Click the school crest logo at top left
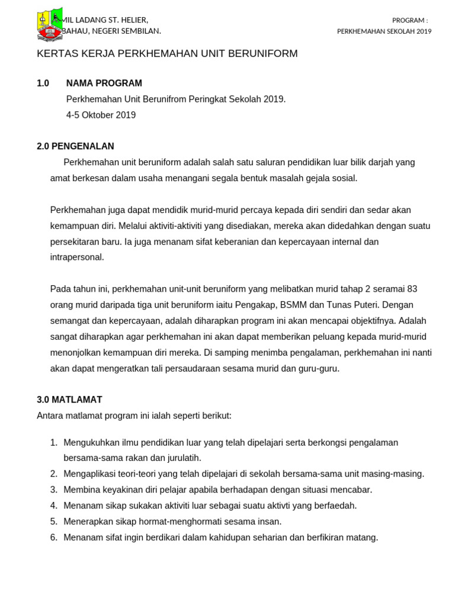(50, 25)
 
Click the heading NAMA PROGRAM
(104, 83)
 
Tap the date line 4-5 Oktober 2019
(101, 115)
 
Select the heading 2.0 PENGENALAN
(75, 146)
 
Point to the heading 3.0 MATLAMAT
(69, 400)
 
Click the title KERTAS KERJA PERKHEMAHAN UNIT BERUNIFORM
(167, 54)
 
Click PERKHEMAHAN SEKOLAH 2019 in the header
(384, 31)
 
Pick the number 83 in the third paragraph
(412, 289)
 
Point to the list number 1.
(53, 443)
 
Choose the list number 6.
(53, 537)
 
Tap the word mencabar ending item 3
(353, 490)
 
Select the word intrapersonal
(77, 257)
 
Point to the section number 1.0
(43, 83)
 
